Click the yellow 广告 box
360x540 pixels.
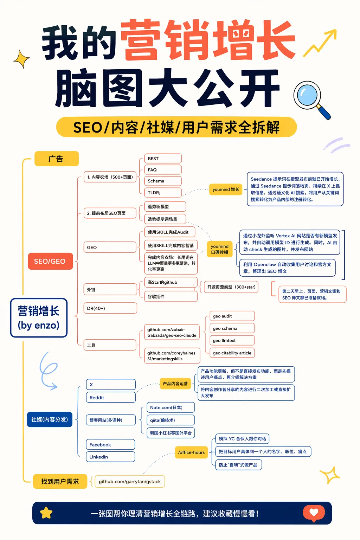coord(56,159)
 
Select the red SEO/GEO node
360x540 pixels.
coord(50,261)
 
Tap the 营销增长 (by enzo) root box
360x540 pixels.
coord(39,318)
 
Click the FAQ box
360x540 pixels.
coord(163,170)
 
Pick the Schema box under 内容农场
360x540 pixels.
coord(163,181)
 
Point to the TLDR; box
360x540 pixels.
coord(163,193)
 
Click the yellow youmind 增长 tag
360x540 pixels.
coord(226,189)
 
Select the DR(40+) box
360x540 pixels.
coord(110,308)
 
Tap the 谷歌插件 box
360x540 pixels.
coord(171,296)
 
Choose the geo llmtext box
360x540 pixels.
coord(232,340)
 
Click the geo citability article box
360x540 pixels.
coord(232,353)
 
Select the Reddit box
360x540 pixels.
coord(111,398)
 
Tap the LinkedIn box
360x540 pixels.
coord(110,457)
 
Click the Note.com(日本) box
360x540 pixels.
coord(171,407)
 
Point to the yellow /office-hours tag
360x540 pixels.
coord(191,452)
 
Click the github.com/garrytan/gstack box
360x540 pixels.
coord(130,482)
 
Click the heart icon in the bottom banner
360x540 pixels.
coord(314,513)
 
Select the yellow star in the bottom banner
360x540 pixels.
coord(46,513)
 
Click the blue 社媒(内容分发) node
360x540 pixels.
coord(50,419)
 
